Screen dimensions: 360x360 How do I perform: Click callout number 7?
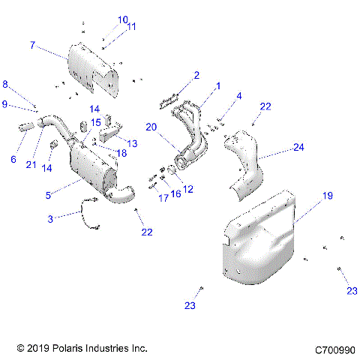click(x=32, y=45)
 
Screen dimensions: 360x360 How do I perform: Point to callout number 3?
click(x=50, y=218)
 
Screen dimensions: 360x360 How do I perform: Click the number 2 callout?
click(x=196, y=75)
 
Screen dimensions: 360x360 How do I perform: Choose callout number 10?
click(x=123, y=19)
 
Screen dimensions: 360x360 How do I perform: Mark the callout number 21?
click(x=31, y=164)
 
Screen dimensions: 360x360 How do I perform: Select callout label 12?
click(x=188, y=190)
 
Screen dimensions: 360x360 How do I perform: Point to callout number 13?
click(x=132, y=142)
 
